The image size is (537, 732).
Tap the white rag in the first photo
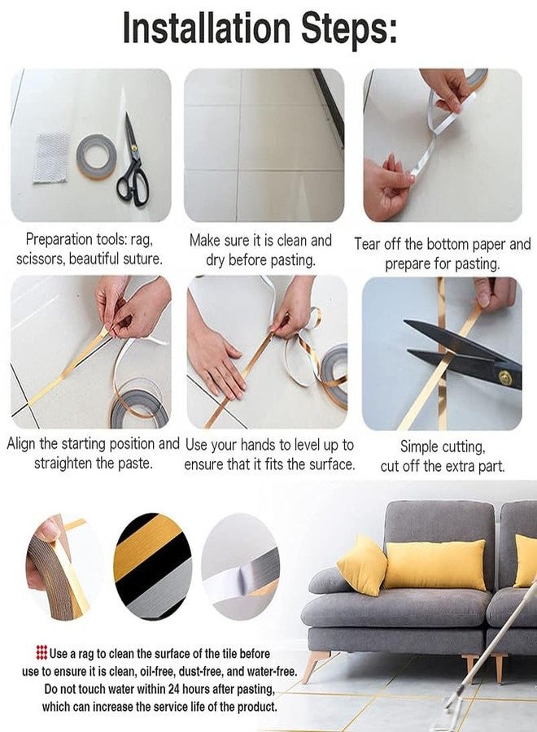coord(51,158)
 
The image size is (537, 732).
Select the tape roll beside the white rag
coord(97,155)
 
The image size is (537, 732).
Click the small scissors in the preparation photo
coord(132,162)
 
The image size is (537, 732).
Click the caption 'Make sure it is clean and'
coord(260,240)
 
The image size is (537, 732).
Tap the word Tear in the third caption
coord(369,244)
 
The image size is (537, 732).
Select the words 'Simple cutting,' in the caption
coord(442,447)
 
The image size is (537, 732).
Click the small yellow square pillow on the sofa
coord(361,565)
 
